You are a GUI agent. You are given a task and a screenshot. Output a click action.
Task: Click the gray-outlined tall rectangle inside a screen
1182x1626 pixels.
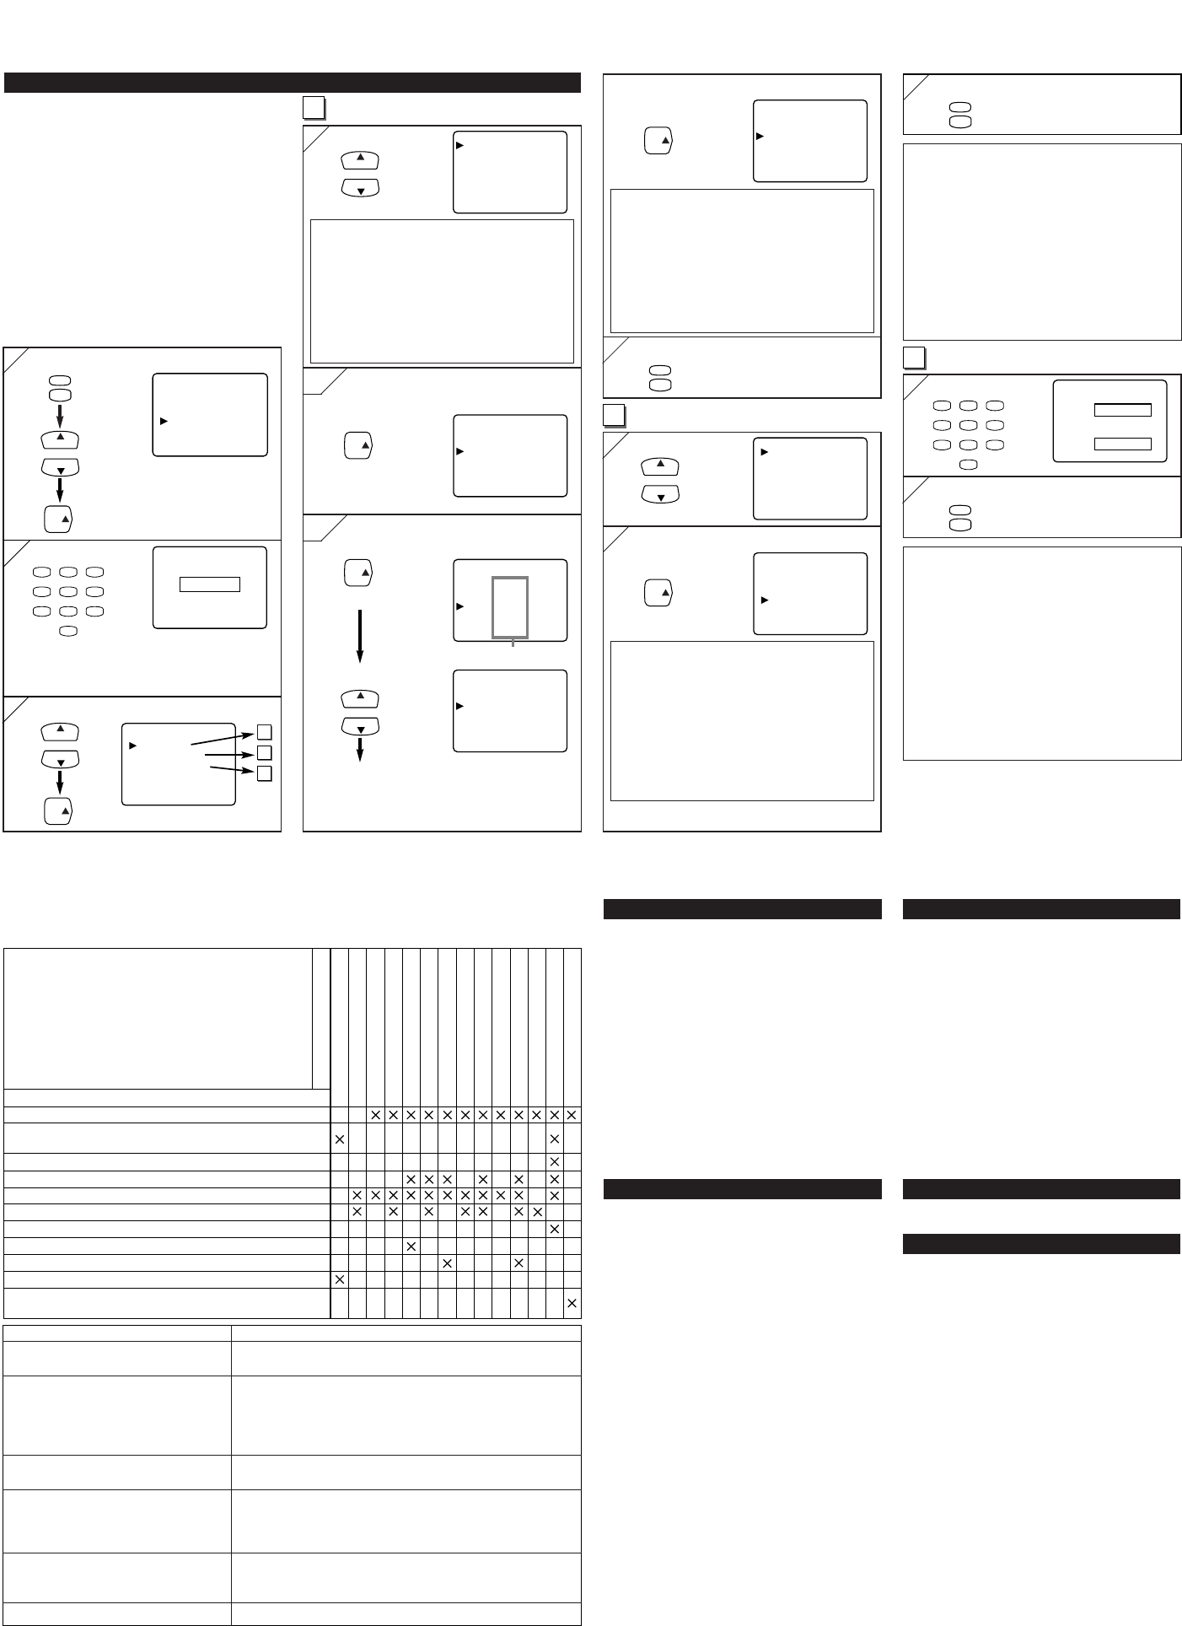point(510,607)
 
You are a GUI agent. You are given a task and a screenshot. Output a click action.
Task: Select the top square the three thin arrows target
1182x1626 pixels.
point(264,731)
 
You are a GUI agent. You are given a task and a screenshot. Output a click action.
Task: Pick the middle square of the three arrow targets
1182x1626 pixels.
point(264,752)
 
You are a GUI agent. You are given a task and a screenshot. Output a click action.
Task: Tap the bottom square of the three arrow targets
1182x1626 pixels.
point(264,773)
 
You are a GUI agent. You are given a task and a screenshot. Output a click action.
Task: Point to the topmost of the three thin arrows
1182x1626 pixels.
point(221,739)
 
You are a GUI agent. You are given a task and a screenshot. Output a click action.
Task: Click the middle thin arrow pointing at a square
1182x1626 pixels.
point(228,755)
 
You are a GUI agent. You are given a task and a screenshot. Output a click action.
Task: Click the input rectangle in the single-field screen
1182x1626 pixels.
point(210,584)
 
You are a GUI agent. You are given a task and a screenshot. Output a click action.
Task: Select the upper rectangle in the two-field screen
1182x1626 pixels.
point(1122,410)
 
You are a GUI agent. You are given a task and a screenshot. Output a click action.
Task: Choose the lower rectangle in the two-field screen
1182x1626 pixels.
point(1122,443)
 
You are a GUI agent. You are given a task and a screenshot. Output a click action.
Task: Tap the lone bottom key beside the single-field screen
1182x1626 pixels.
point(69,631)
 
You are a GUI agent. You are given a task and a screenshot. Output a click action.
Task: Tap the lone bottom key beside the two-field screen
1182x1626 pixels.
point(969,464)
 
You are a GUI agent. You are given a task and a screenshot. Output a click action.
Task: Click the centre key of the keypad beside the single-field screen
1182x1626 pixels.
point(69,592)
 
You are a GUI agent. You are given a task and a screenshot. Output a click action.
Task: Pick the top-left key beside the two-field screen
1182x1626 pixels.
point(942,406)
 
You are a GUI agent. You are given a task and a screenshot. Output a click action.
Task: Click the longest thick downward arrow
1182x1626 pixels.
point(360,635)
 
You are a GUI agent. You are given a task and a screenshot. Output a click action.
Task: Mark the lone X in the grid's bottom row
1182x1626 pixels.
point(572,1303)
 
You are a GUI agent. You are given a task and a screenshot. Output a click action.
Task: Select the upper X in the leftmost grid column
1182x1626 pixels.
point(340,1139)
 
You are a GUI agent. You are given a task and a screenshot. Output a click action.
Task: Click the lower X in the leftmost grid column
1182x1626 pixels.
point(340,1279)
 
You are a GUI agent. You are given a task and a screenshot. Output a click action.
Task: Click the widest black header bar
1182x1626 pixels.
point(293,83)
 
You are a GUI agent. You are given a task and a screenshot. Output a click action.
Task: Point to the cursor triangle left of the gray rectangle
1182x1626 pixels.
point(460,606)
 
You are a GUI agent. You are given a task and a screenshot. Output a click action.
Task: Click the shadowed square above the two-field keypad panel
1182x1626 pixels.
point(914,358)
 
